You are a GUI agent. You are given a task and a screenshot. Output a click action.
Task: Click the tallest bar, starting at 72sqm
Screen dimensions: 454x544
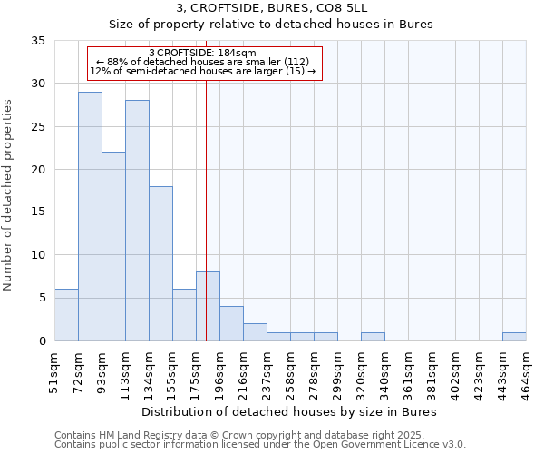(x=90, y=216)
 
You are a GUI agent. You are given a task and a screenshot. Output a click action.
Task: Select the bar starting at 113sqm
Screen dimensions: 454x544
(x=137, y=221)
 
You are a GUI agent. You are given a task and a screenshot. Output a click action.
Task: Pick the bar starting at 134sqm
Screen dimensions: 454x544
(x=160, y=263)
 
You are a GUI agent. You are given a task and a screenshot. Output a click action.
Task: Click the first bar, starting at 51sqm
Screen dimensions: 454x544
(x=66, y=315)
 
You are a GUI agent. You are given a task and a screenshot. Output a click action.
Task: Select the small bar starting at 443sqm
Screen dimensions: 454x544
(x=514, y=337)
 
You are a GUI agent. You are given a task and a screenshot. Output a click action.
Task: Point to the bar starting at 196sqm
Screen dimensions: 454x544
(x=231, y=324)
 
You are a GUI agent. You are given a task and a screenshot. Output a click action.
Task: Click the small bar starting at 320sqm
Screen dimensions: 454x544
(x=373, y=337)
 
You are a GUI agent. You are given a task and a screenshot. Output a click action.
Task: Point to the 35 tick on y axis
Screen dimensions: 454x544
(x=38, y=41)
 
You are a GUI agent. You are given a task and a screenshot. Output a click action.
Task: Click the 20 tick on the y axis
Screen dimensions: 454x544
(x=38, y=170)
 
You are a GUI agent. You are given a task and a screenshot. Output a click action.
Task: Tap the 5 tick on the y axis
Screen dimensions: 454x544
(x=42, y=298)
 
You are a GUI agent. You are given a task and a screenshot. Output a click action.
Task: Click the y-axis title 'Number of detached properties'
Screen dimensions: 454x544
(x=9, y=195)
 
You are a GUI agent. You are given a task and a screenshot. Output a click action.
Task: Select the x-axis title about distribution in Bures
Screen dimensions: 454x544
(x=290, y=411)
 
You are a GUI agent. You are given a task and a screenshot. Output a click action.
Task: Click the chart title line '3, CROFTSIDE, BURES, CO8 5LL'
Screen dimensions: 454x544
(x=272, y=9)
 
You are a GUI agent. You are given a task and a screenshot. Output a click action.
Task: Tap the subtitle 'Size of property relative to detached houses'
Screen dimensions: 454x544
(x=272, y=25)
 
